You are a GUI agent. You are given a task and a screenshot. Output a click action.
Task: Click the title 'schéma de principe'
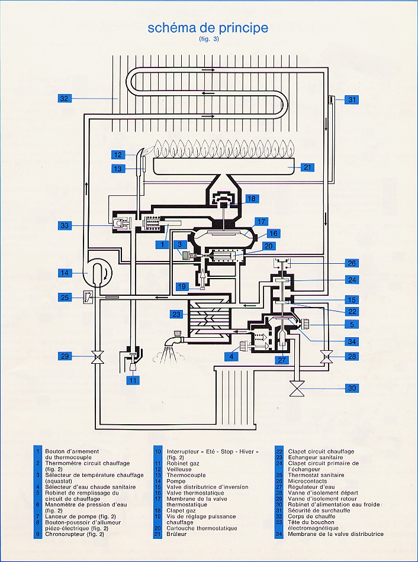coord(208,28)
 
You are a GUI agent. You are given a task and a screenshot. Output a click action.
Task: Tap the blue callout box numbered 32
coord(65,98)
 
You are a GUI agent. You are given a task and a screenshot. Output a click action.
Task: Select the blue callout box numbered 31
coord(352,100)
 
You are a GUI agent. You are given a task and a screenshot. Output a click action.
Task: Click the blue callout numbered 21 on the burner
coord(307,167)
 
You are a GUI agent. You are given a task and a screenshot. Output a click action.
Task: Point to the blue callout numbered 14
coord(65,273)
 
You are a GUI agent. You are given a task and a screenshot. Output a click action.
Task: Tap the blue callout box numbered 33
coord(65,225)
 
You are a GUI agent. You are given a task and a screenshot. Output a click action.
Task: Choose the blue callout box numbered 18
coord(252,199)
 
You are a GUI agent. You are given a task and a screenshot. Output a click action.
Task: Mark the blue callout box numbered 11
coord(133,380)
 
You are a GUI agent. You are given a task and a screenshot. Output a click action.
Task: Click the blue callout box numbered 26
coord(352,263)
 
